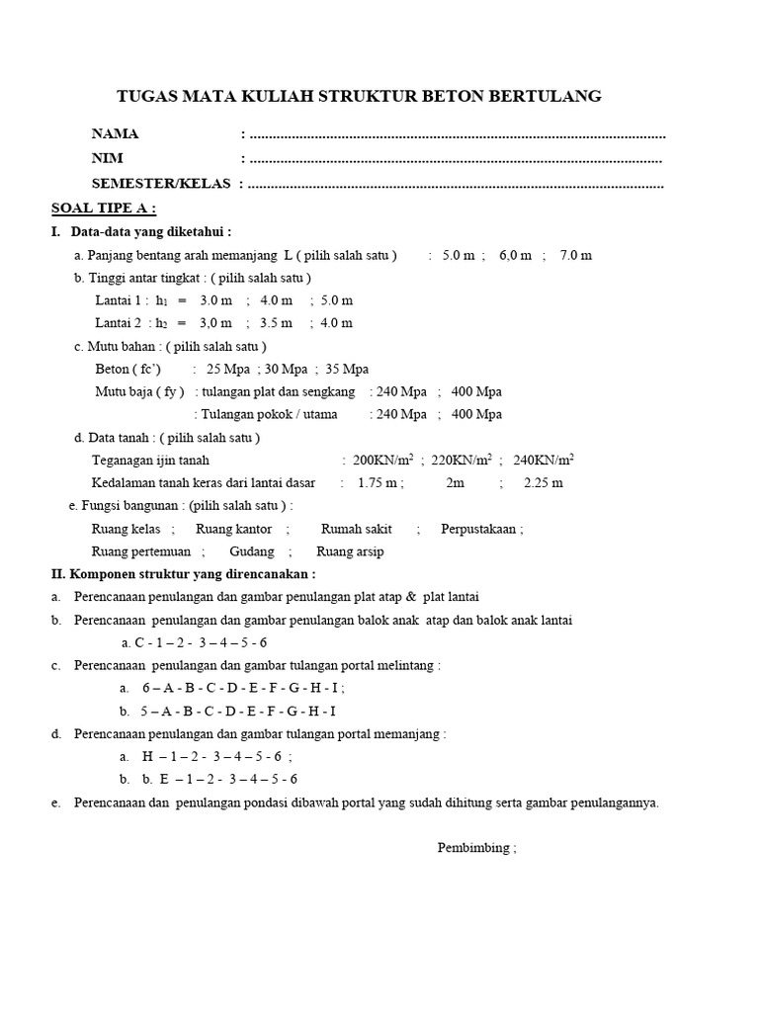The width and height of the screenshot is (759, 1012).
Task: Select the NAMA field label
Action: [116, 133]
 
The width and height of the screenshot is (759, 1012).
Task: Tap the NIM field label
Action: [109, 158]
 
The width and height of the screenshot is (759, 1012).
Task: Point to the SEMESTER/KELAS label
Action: [161, 183]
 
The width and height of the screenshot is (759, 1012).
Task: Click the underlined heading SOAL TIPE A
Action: [104, 209]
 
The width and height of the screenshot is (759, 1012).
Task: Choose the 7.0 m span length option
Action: [575, 255]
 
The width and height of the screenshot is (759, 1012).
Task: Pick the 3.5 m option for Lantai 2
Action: [277, 323]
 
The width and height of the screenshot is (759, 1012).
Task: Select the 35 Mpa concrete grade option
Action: [346, 369]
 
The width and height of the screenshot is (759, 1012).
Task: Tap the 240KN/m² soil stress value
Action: [544, 460]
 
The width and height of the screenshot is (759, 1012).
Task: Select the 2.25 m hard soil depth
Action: [543, 483]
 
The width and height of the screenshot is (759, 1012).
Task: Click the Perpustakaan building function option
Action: [478, 529]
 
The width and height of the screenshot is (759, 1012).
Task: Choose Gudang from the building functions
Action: [252, 551]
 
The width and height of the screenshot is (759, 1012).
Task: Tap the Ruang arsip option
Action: [350, 551]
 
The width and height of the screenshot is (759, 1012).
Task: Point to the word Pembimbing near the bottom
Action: [473, 848]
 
